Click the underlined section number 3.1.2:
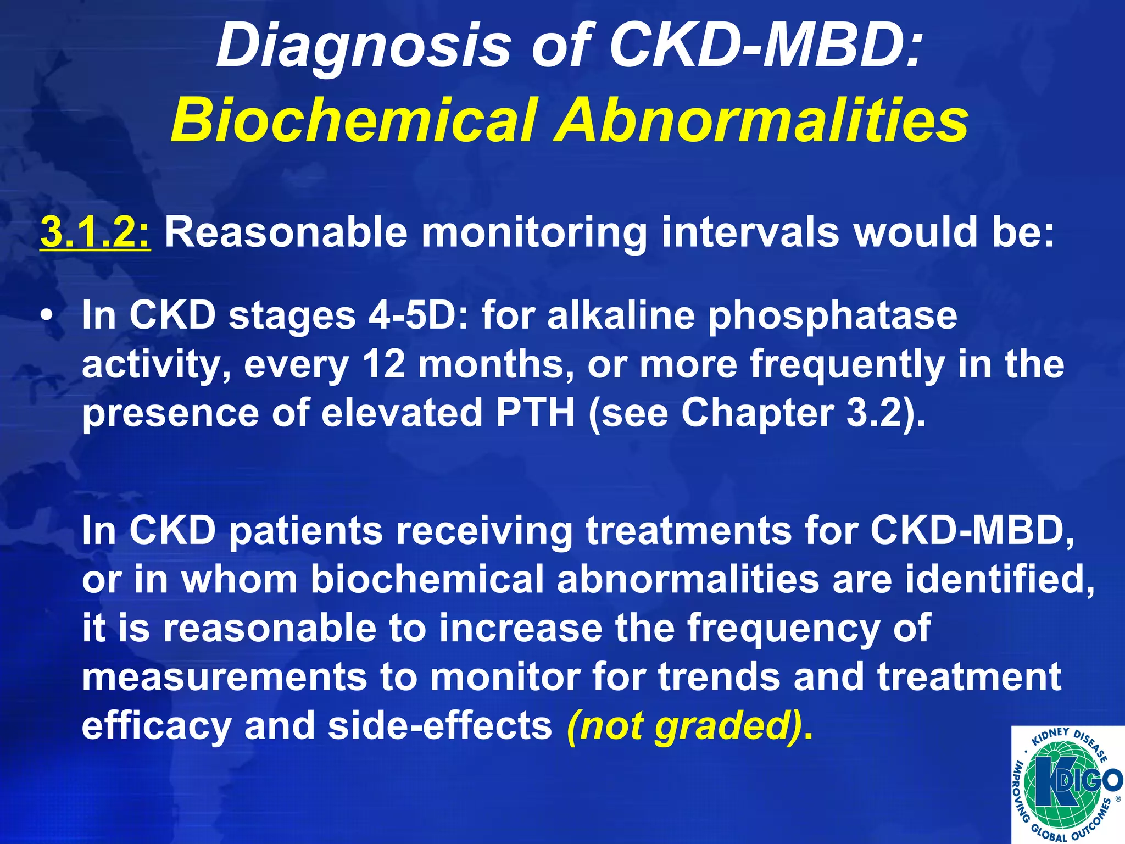pyautogui.click(x=95, y=233)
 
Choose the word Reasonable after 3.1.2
pyautogui.click(x=286, y=233)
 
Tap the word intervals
pyautogui.click(x=750, y=233)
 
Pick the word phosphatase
pyautogui.click(x=833, y=317)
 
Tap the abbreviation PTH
pyautogui.click(x=535, y=413)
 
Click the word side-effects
pyautogui.click(x=439, y=725)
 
